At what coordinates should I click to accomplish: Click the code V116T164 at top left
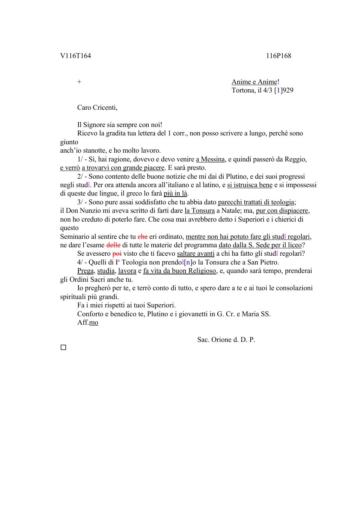(x=76, y=56)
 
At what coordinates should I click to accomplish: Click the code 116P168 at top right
(x=278, y=56)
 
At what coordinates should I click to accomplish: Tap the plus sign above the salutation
(x=79, y=82)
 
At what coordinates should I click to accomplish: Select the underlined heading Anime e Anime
(x=254, y=82)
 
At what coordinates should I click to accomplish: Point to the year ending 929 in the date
(x=288, y=90)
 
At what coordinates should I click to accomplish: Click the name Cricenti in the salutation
(x=105, y=108)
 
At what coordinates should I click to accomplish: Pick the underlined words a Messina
(x=210, y=159)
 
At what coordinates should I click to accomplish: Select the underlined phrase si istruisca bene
(x=250, y=185)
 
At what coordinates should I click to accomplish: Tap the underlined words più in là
(x=175, y=193)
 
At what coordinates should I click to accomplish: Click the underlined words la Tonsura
(x=199, y=211)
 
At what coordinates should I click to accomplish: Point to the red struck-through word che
(x=142, y=237)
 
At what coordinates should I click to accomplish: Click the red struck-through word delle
(x=113, y=245)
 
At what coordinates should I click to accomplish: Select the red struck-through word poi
(x=117, y=254)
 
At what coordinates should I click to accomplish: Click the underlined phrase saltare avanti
(x=195, y=254)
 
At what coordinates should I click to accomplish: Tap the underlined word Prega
(x=85, y=271)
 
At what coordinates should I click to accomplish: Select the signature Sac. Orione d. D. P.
(x=226, y=340)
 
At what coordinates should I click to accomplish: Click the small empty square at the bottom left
(x=63, y=348)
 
